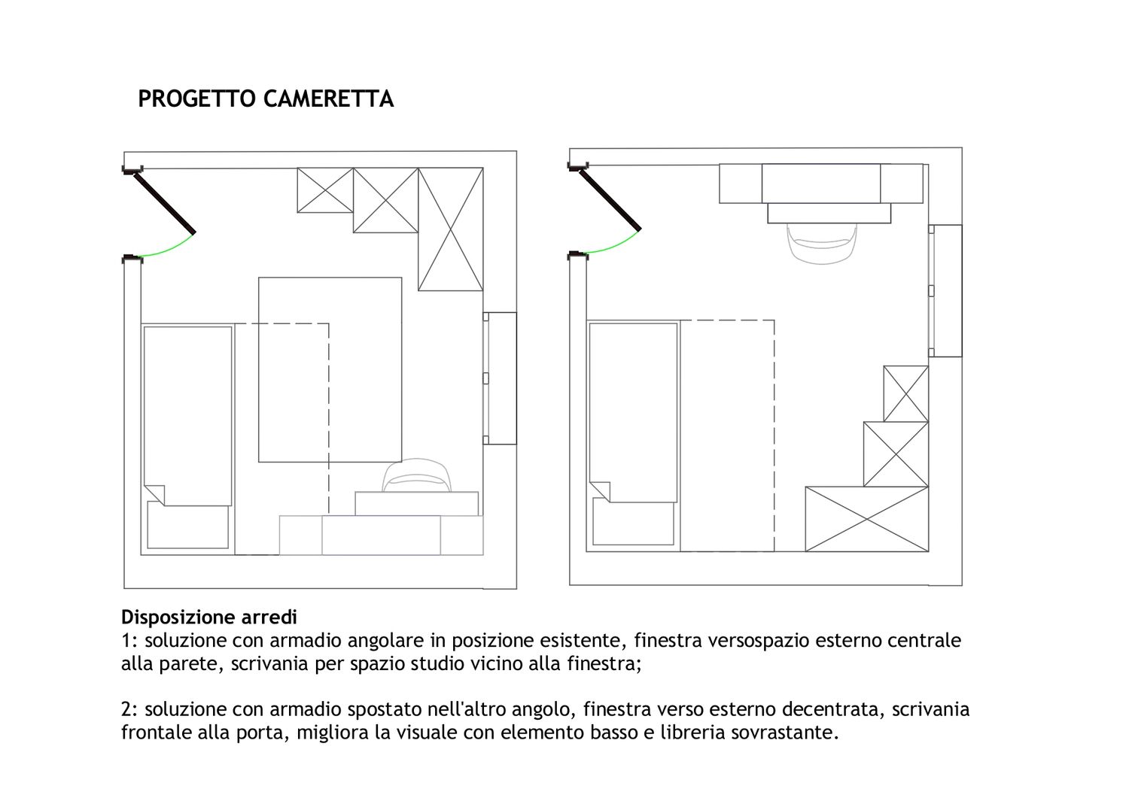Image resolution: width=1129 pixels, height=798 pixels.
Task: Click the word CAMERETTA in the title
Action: click(329, 99)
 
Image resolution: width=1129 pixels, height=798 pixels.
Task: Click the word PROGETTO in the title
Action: click(197, 99)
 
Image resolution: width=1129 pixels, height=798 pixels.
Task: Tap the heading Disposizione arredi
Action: click(209, 617)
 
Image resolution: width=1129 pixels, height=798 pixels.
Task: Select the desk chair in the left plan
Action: click(416, 475)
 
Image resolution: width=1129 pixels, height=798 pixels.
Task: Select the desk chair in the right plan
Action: click(822, 244)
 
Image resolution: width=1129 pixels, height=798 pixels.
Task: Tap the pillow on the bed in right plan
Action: click(633, 521)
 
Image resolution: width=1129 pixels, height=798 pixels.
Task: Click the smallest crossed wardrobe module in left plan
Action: click(325, 190)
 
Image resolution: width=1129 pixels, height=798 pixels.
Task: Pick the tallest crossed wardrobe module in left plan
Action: click(451, 229)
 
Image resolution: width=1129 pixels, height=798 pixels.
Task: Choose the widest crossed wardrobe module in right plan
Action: click(867, 519)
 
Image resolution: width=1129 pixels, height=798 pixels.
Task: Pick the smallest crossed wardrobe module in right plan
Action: click(905, 393)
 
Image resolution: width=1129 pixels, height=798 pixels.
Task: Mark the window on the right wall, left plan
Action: click(500, 378)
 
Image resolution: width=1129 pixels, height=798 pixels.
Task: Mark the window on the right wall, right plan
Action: click(945, 290)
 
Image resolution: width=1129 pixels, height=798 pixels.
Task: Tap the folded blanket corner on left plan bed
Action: click(154, 494)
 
